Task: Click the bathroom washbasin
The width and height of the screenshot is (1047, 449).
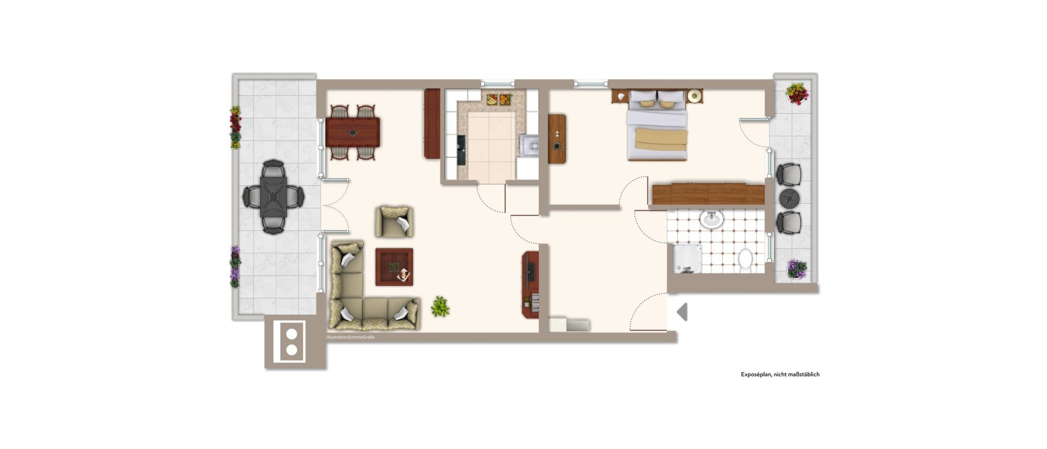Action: tap(711, 219)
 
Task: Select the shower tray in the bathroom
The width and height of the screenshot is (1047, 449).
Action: tap(688, 258)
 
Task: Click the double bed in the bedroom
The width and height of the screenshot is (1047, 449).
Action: tap(657, 125)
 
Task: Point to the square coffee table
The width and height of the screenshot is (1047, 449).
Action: tap(394, 267)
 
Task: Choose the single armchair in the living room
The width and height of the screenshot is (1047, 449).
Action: tap(394, 221)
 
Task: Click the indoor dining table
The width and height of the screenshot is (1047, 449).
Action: tap(352, 132)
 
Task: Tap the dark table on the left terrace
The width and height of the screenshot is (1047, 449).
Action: tap(273, 196)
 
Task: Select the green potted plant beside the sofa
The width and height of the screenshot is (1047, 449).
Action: tap(440, 307)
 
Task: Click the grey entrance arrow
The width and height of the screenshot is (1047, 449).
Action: tap(682, 312)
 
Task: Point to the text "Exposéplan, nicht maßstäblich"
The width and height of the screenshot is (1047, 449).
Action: tap(780, 374)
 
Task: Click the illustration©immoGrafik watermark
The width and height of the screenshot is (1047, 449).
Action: tap(350, 337)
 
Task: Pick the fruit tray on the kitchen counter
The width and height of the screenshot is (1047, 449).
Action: tap(499, 100)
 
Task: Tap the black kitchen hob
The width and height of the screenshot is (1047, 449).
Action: tap(461, 150)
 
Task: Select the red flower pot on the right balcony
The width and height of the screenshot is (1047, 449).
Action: tap(797, 94)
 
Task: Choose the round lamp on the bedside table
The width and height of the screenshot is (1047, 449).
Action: tap(694, 96)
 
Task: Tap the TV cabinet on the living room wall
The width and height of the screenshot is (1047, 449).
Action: tap(531, 284)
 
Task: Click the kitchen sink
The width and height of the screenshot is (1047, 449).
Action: tap(528, 145)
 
